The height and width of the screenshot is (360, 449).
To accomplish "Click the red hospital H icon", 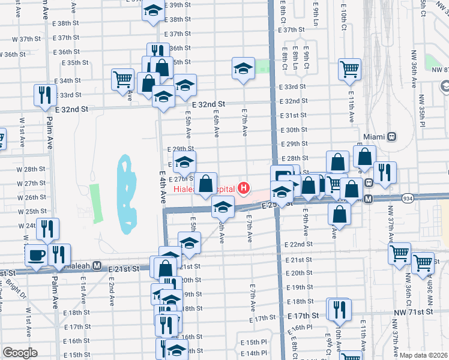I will [x=243, y=188].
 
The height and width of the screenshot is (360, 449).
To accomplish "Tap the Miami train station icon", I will [x=391, y=136].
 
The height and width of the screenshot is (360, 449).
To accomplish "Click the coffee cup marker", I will [x=35, y=255].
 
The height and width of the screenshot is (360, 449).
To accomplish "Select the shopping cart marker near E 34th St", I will [x=122, y=79].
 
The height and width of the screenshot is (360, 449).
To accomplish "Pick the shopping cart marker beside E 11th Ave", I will [x=349, y=69].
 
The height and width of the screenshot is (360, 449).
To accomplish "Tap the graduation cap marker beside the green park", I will [x=243, y=68].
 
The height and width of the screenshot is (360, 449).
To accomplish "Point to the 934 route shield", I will [x=408, y=198].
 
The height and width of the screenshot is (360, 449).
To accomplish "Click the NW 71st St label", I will [x=414, y=313].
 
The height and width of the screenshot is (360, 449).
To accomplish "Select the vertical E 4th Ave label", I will [x=162, y=188].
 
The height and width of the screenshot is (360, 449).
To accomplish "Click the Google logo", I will [x=20, y=353].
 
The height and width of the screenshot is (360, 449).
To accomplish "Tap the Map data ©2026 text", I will [x=423, y=355].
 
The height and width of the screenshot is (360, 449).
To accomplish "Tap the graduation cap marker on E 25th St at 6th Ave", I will [x=223, y=208].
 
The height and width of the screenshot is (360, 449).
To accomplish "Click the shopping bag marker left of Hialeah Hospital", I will [x=205, y=184].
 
